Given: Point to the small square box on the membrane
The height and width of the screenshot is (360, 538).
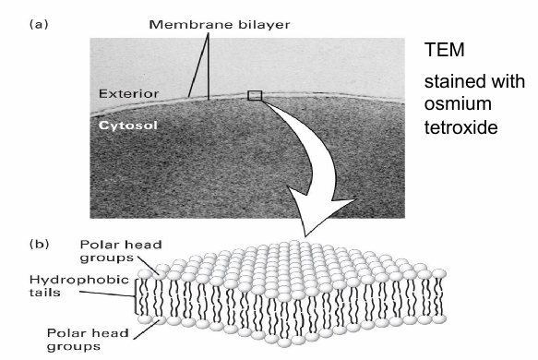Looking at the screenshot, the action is pos(256,95).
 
